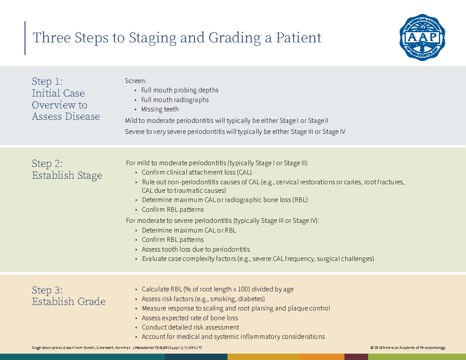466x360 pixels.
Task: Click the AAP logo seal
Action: (x=422, y=38)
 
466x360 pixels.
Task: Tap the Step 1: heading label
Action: (x=47, y=82)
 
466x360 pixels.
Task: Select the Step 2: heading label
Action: (x=47, y=163)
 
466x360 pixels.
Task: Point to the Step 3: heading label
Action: (x=47, y=290)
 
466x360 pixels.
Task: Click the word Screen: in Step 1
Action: (x=136, y=81)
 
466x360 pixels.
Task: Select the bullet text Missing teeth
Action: (x=160, y=110)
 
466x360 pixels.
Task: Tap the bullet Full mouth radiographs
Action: (x=175, y=100)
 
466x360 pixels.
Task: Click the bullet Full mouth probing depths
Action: (x=179, y=90)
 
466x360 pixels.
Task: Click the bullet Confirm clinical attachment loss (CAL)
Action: (x=196, y=172)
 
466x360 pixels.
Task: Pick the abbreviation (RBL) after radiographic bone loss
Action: (x=300, y=200)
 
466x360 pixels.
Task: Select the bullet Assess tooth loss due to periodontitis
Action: (x=196, y=249)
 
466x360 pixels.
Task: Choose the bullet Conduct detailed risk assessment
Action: (x=190, y=327)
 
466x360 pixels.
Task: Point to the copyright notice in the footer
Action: (x=408, y=348)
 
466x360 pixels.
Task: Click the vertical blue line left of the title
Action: (x=25, y=38)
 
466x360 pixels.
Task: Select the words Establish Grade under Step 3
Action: (x=68, y=302)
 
